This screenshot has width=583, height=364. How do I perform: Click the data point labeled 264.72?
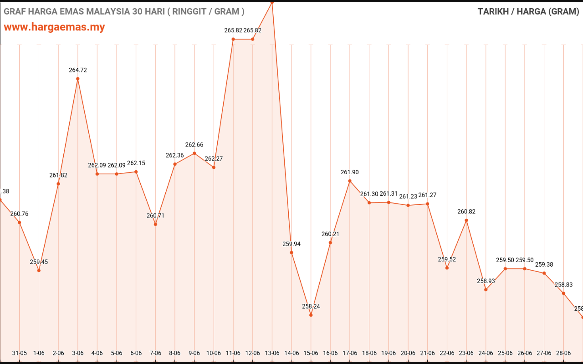click(78, 79)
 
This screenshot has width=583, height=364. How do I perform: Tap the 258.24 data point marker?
click(311, 315)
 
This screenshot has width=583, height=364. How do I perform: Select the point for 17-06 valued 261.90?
click(350, 181)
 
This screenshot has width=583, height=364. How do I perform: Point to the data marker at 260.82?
click(466, 220)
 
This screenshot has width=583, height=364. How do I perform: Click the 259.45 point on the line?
click(39, 270)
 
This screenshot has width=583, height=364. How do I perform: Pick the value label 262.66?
click(194, 145)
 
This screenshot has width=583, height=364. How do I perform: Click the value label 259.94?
click(291, 244)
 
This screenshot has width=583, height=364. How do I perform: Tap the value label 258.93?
click(486, 281)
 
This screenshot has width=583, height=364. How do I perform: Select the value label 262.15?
click(136, 163)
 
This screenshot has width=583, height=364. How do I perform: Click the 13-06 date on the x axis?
click(272, 353)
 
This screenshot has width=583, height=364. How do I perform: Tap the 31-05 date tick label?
click(20, 353)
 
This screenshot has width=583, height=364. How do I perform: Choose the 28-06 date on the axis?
click(564, 353)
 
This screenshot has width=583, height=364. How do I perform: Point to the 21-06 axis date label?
click(428, 353)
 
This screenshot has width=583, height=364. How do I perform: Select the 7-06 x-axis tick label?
click(155, 353)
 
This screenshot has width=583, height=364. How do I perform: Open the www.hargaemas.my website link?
click(54, 27)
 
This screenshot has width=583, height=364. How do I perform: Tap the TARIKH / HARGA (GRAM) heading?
click(528, 12)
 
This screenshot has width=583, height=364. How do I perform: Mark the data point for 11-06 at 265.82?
click(233, 39)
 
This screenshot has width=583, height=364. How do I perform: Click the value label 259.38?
click(544, 264)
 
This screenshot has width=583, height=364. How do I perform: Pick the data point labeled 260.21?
click(330, 243)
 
